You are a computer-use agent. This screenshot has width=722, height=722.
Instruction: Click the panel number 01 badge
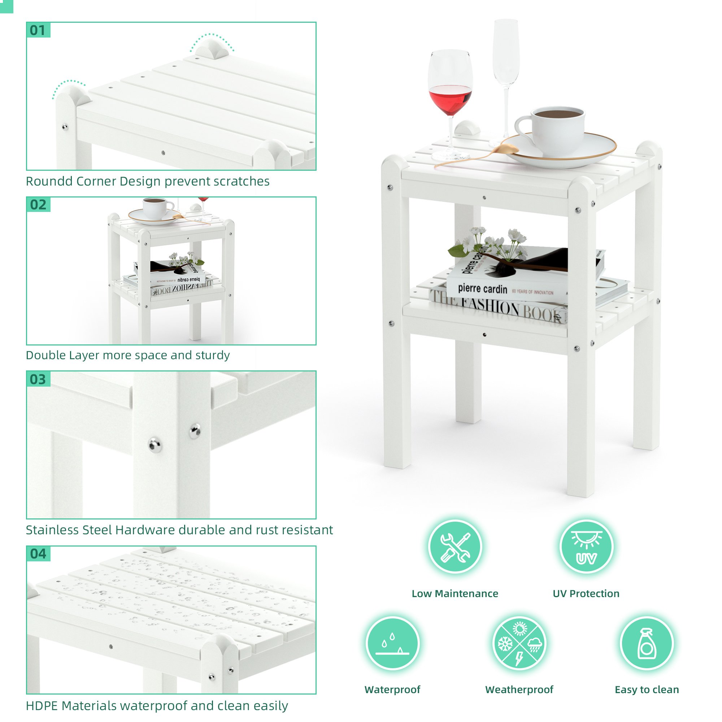[x=38, y=30]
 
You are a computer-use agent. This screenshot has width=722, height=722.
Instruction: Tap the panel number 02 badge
[x=38, y=205]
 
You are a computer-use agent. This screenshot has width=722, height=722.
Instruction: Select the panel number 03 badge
[x=38, y=379]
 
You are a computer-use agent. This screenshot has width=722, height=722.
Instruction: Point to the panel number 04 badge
[x=38, y=554]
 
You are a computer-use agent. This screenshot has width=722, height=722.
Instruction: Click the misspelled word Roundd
[x=49, y=181]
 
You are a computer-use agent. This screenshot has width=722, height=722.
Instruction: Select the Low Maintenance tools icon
[x=455, y=547]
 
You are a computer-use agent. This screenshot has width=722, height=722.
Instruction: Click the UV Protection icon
[x=586, y=547]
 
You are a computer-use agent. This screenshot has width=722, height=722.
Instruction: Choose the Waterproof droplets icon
[x=392, y=643]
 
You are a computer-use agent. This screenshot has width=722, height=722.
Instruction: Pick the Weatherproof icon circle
[x=519, y=643]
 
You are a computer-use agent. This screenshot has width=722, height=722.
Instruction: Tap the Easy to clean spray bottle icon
[x=647, y=643]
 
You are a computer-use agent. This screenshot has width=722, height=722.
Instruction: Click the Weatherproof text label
[x=519, y=690]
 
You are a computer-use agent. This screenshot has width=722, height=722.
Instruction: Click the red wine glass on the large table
[x=450, y=101]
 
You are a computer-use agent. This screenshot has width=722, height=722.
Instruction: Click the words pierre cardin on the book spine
[x=482, y=288]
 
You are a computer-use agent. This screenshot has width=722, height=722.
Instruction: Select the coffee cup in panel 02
[x=157, y=208]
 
